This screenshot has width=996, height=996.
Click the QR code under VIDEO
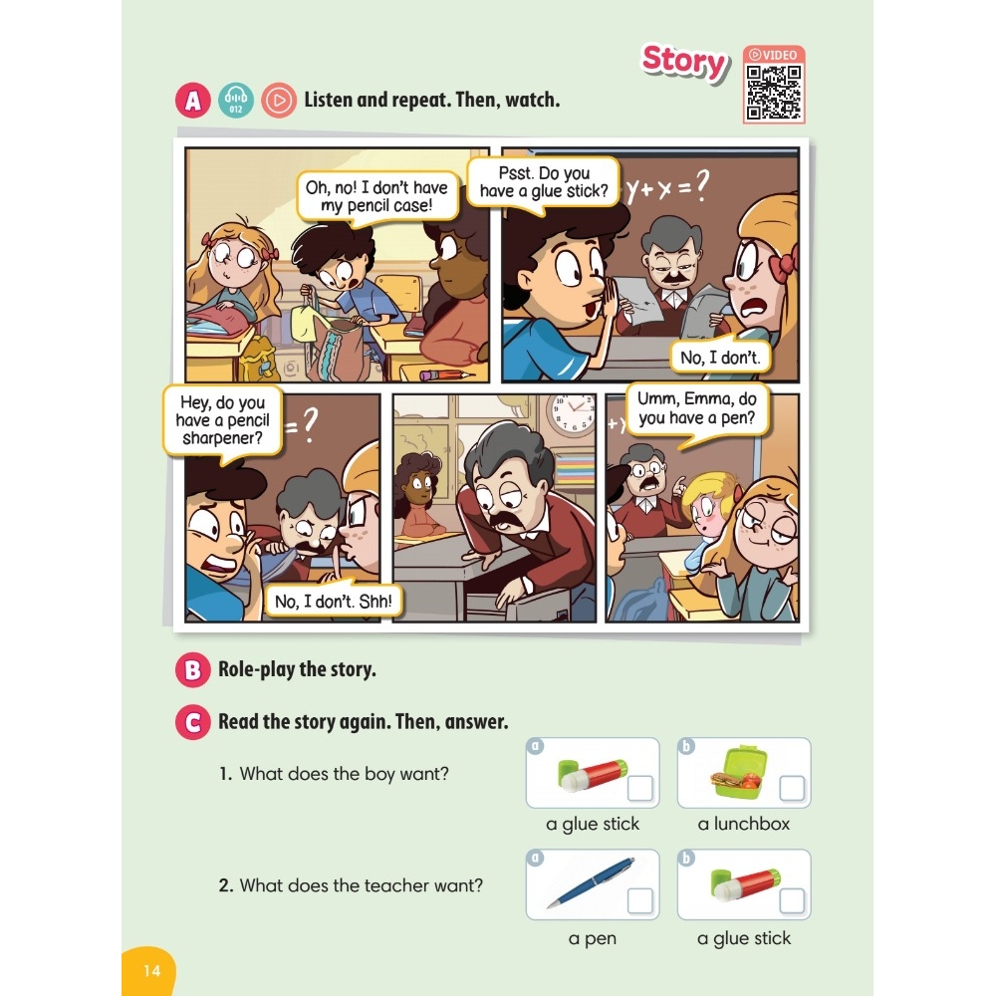pos(774,92)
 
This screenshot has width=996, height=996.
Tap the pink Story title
pos(684,62)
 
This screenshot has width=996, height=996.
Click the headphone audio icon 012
pos(236,101)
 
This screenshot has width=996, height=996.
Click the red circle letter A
pos(193,101)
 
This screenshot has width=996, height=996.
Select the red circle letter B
pos(193,669)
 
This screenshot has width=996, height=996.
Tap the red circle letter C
pos(193,722)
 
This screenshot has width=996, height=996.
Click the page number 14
pos(151,970)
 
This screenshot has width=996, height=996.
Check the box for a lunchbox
pos(792,788)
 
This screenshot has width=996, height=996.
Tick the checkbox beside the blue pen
pos(639,900)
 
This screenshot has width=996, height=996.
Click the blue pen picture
pos(590,882)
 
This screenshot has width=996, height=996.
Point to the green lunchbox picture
pos(737,772)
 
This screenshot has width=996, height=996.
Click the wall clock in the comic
pos(572,414)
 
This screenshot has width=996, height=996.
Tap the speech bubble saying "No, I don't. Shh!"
pos(333,601)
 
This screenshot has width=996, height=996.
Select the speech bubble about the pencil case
pos(377,197)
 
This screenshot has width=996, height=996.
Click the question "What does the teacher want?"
pos(351,885)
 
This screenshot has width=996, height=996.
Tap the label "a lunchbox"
pos(744,824)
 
